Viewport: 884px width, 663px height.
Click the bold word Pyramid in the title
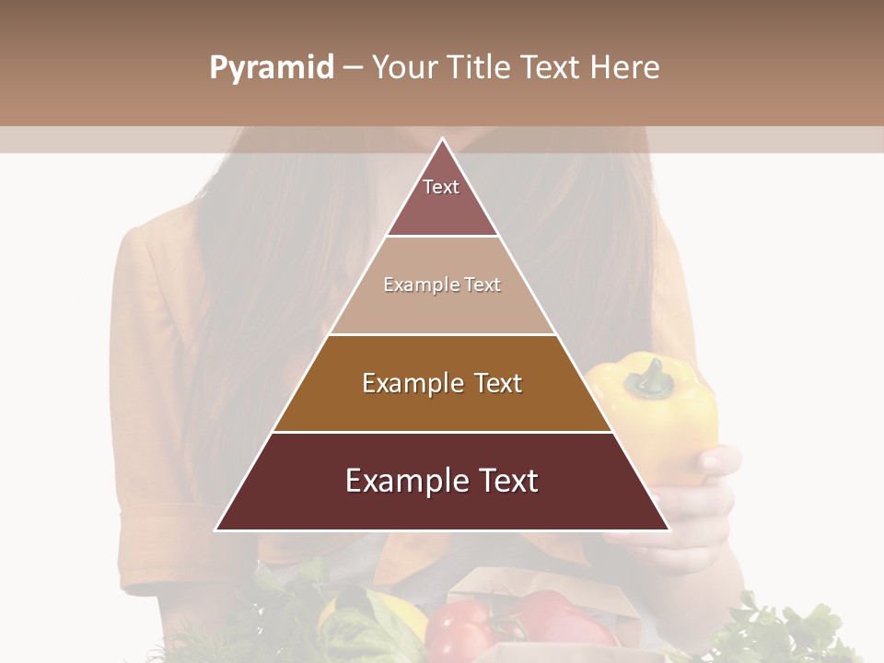coord(272,68)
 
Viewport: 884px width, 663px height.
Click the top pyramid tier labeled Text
coord(442,198)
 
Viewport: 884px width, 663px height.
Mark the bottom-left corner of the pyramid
coord(217,529)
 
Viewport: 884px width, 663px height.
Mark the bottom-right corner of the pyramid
coord(668,529)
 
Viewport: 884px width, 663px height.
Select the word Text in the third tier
coord(497,384)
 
